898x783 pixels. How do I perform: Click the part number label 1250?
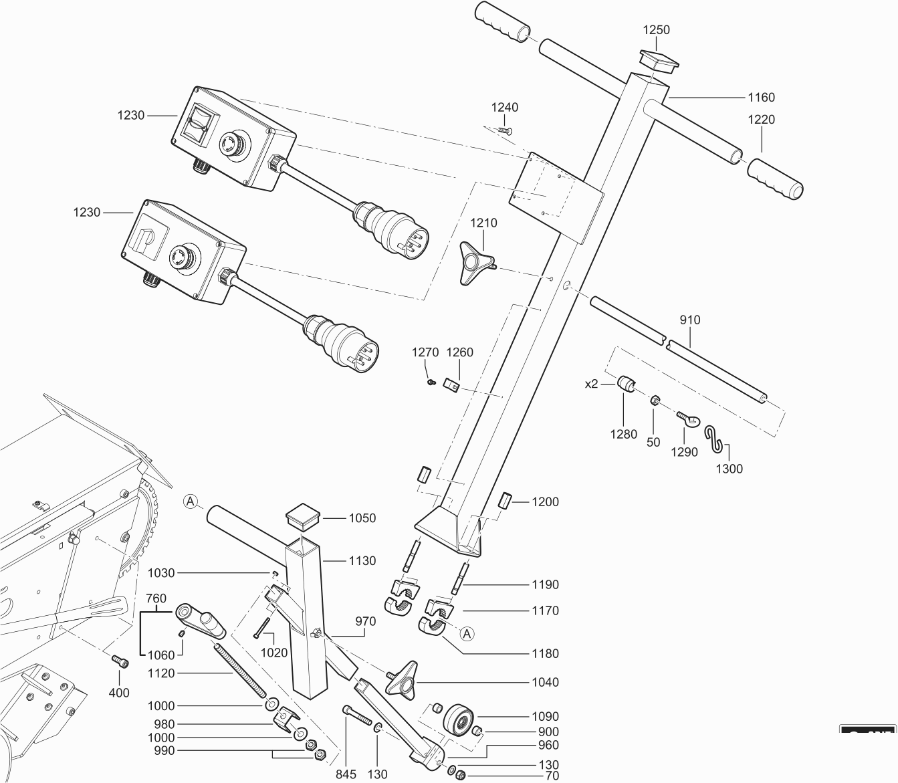[656, 30]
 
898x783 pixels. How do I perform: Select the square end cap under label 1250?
[658, 59]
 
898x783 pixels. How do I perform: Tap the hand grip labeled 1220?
[776, 179]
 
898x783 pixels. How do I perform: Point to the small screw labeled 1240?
[505, 130]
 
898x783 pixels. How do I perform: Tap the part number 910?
[690, 320]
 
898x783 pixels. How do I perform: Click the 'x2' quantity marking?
[592, 384]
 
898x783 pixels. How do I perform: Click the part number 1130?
[362, 561]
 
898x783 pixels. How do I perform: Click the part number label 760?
[156, 598]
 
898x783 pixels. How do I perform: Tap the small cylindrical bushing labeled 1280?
[627, 385]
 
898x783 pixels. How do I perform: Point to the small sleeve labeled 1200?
[506, 500]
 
